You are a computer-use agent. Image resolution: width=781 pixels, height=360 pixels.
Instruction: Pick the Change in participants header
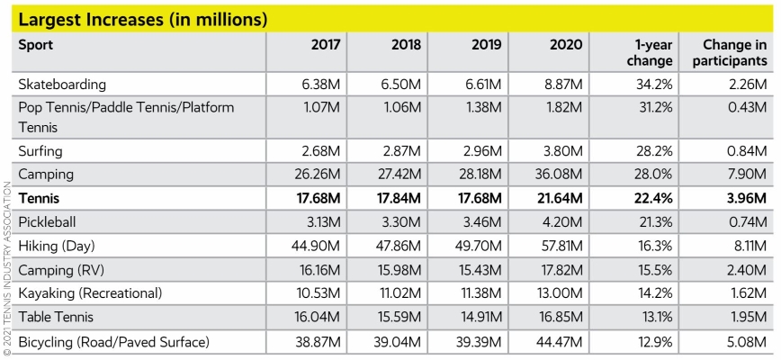click(x=735, y=52)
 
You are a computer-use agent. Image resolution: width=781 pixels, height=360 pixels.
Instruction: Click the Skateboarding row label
click(x=62, y=84)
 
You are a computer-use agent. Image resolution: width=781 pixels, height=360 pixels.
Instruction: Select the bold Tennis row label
click(x=40, y=197)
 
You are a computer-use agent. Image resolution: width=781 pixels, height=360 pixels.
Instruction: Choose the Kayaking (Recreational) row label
click(x=89, y=293)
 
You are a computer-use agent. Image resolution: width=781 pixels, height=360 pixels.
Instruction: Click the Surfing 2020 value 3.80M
click(x=563, y=150)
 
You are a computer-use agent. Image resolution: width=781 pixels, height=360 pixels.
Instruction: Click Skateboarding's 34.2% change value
click(x=653, y=84)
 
